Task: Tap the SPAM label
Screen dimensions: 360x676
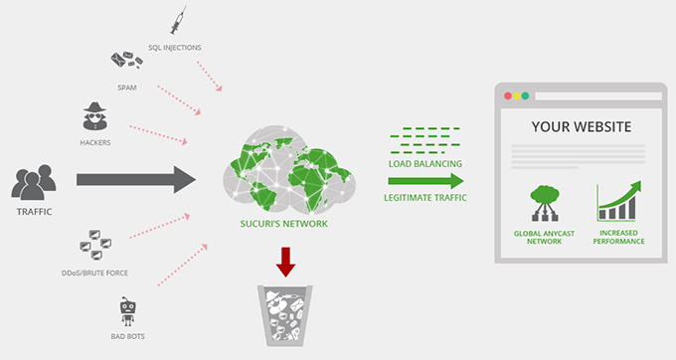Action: pos(126,86)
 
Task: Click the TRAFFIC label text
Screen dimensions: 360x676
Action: pos(34,212)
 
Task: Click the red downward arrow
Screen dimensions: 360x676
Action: pos(286,262)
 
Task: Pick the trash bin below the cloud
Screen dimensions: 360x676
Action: pos(286,316)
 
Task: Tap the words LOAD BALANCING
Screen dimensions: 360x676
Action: pos(424,163)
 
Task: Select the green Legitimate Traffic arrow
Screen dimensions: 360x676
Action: pos(425,181)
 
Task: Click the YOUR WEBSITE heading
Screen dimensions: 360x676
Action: pos(583,126)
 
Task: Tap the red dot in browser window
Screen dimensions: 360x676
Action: pos(509,96)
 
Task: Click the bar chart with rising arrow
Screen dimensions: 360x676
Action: pos(618,200)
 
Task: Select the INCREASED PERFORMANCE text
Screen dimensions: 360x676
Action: pos(618,237)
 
